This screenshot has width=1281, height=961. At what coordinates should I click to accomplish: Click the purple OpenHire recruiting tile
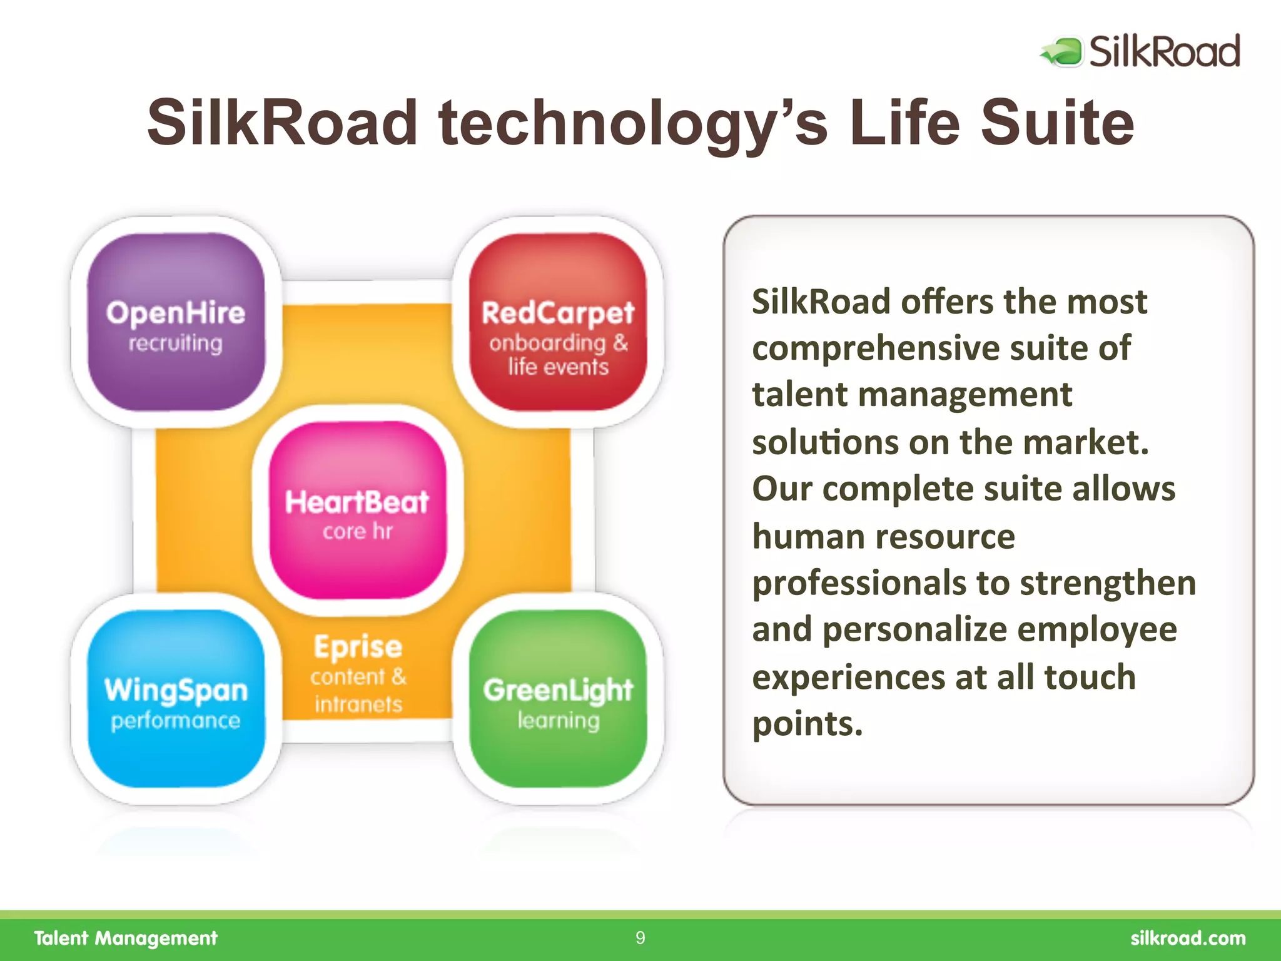point(176,322)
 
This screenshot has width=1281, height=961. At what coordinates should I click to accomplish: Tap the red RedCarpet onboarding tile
point(557,322)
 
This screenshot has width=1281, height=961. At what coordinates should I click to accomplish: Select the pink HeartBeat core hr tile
point(358,510)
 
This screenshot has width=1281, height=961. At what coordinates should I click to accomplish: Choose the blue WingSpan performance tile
point(176,699)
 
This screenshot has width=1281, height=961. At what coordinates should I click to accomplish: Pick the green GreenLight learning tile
point(557,699)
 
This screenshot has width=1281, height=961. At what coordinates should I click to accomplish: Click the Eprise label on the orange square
point(358,647)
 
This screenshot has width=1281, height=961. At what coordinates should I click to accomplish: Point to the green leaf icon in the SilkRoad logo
point(1063,52)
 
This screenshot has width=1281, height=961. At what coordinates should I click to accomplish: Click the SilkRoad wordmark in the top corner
point(1164,51)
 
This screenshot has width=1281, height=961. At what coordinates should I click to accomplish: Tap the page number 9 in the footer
point(640,938)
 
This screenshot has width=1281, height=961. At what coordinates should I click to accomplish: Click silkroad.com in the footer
point(1188,938)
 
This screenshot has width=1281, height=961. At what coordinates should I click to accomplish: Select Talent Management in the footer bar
point(126,938)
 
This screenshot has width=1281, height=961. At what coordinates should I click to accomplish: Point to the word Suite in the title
point(1056,123)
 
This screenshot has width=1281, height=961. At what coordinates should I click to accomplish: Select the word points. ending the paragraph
point(807,724)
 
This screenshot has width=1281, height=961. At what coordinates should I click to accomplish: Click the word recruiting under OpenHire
point(175,343)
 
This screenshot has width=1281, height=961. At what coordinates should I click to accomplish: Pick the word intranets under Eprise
point(358,705)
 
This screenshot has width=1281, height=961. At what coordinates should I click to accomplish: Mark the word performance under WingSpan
point(176,721)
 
